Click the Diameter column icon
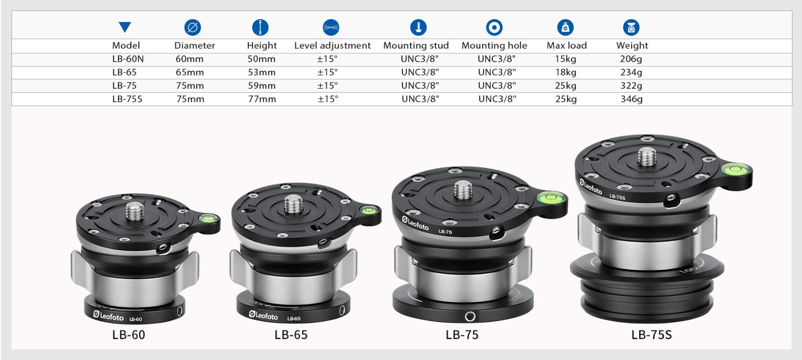[x=192, y=27]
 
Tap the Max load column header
[x=566, y=46]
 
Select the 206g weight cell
[x=631, y=59]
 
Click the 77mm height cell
[x=262, y=99]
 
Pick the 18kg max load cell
[x=566, y=72]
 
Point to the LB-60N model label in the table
[x=128, y=59]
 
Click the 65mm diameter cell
[x=189, y=72]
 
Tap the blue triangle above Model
[x=125, y=27]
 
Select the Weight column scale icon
[x=631, y=27]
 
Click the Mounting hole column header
[x=494, y=46]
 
